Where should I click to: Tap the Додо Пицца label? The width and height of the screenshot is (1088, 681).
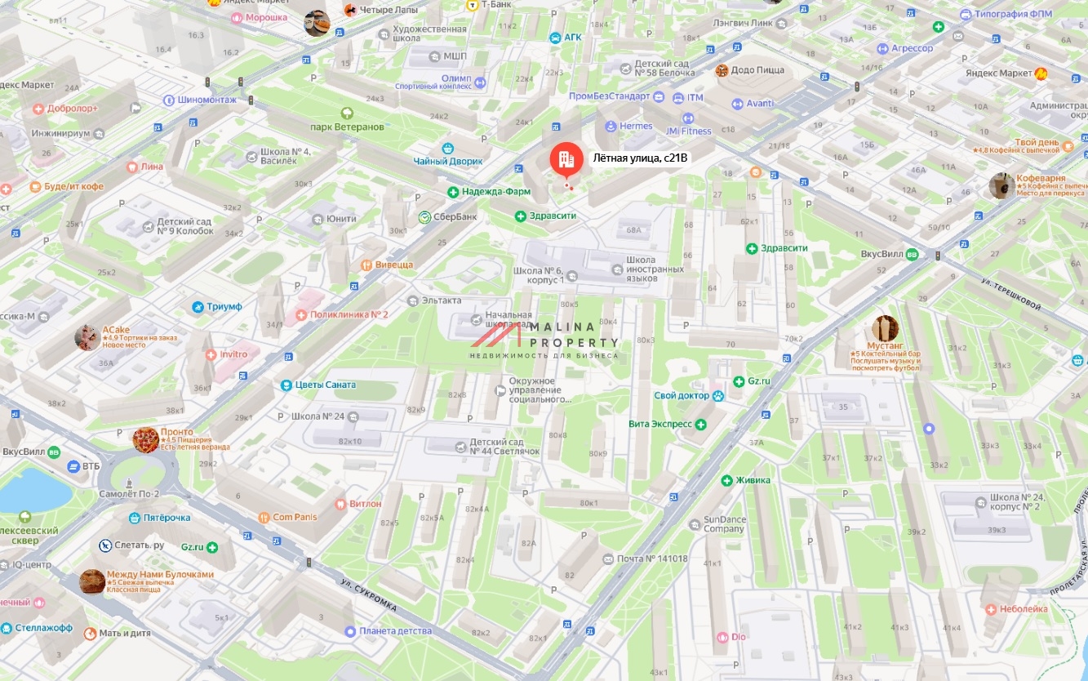tap(757, 71)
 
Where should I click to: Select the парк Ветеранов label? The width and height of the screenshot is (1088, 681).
tap(347, 127)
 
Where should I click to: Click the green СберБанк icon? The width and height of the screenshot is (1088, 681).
tap(425, 217)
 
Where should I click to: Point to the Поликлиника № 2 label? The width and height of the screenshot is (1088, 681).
tap(349, 314)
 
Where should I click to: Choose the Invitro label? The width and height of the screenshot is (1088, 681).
tap(233, 354)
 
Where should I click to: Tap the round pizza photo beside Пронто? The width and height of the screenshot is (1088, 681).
tap(146, 439)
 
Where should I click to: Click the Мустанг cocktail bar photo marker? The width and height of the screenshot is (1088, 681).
tap(885, 328)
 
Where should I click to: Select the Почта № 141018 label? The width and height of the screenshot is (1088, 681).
tap(651, 559)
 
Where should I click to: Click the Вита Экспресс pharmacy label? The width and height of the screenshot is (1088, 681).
tap(660, 425)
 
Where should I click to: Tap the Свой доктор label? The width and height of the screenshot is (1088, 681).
tap(682, 396)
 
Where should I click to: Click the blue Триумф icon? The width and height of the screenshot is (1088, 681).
tap(198, 307)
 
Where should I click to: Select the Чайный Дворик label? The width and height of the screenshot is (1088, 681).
tap(448, 161)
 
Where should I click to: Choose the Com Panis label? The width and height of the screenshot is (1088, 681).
tap(295, 517)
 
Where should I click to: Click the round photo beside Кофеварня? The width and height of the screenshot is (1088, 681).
tap(1001, 186)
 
